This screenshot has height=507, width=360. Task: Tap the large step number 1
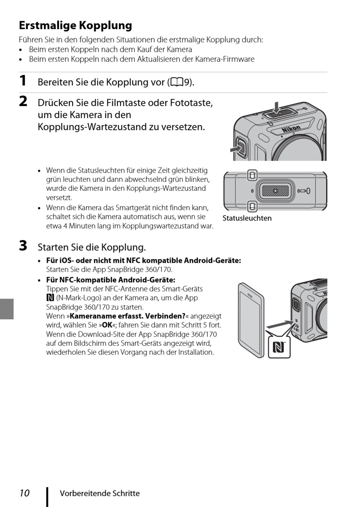pyautogui.click(x=23, y=81)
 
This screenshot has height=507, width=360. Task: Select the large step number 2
pyautogui.click(x=23, y=101)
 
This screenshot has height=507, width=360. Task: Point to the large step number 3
pyautogui.click(x=23, y=246)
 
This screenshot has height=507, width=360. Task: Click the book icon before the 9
pyautogui.click(x=177, y=83)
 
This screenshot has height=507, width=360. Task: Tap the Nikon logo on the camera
pyautogui.click(x=291, y=129)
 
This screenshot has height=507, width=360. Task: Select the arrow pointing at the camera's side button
pyautogui.click(x=237, y=149)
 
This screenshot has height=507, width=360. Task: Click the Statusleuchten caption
pyautogui.click(x=247, y=218)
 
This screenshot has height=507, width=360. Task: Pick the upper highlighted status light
pyautogui.click(x=252, y=175)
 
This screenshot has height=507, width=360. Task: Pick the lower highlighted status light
pyautogui.click(x=252, y=206)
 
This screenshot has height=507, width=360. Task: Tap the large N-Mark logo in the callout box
pyautogui.click(x=279, y=347)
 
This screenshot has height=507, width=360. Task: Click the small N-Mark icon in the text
pyautogui.click(x=50, y=298)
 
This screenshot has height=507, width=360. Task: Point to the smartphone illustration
pyautogui.click(x=250, y=320)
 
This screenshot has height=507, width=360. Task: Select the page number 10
pyautogui.click(x=24, y=493)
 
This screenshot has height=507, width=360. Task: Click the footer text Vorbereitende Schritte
pyautogui.click(x=100, y=493)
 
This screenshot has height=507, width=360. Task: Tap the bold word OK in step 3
pyautogui.click(x=108, y=325)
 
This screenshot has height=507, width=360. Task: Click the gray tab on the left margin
pyautogui.click(x=7, y=309)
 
